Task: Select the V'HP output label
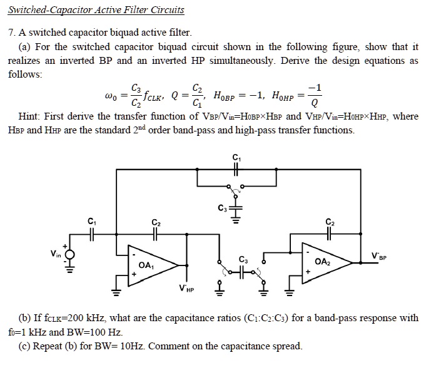[x=186, y=289]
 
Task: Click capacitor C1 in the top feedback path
[x=236, y=168]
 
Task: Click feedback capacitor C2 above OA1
[x=156, y=234]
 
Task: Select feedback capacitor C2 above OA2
[x=330, y=234]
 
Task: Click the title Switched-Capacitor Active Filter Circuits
[x=96, y=10]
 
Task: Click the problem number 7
[x=11, y=33]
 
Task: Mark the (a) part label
[x=26, y=47]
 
